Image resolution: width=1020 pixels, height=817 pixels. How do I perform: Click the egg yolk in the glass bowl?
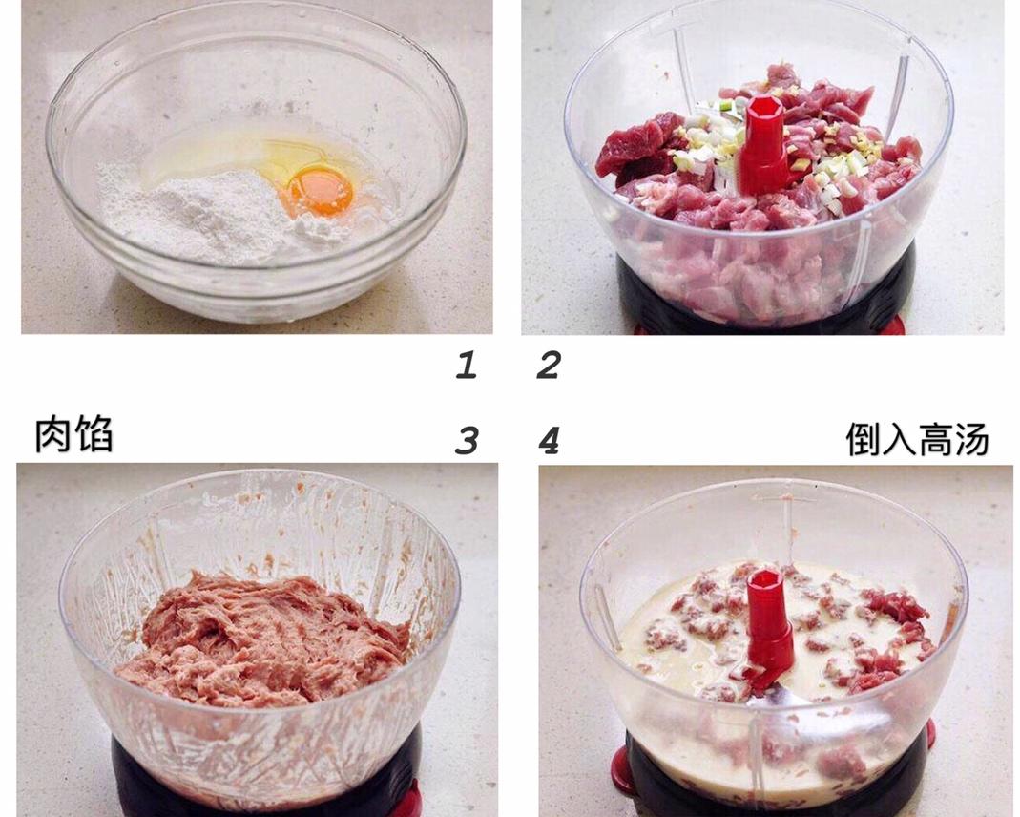tap(321, 191)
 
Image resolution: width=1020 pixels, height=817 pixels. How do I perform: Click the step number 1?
tap(466, 365)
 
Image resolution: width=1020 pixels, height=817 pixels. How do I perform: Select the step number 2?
tap(549, 365)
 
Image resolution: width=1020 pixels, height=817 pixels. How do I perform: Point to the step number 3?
tap(467, 440)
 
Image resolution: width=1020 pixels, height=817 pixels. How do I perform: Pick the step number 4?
tap(549, 441)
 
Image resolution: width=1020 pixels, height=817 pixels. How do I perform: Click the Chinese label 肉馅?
tap(73, 434)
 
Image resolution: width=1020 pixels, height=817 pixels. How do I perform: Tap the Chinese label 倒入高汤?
tap(917, 438)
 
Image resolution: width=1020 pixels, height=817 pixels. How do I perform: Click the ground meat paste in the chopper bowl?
tap(260, 640)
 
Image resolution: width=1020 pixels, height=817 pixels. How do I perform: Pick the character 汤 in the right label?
tap(972, 439)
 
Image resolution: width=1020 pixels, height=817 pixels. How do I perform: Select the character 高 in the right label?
tap(935, 439)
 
